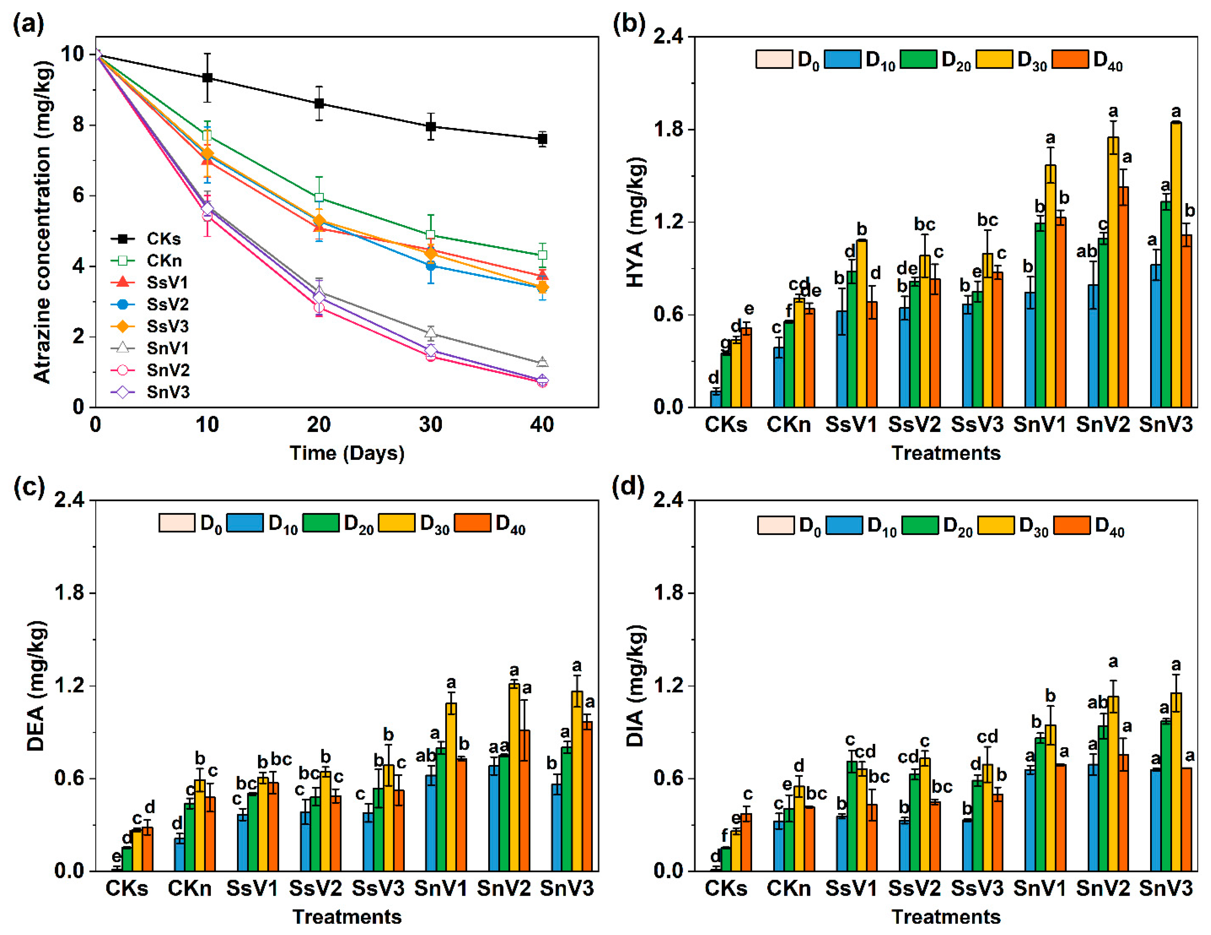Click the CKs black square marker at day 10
[207, 78]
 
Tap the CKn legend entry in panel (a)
[164, 261]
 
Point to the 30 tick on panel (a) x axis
[430, 425]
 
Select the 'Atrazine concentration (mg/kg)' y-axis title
[42, 222]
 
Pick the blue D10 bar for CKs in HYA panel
[716, 399]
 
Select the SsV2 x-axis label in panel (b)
[914, 425]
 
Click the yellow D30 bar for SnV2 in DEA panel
[514, 777]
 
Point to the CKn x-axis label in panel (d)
[789, 888]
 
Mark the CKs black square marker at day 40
[542, 139]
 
